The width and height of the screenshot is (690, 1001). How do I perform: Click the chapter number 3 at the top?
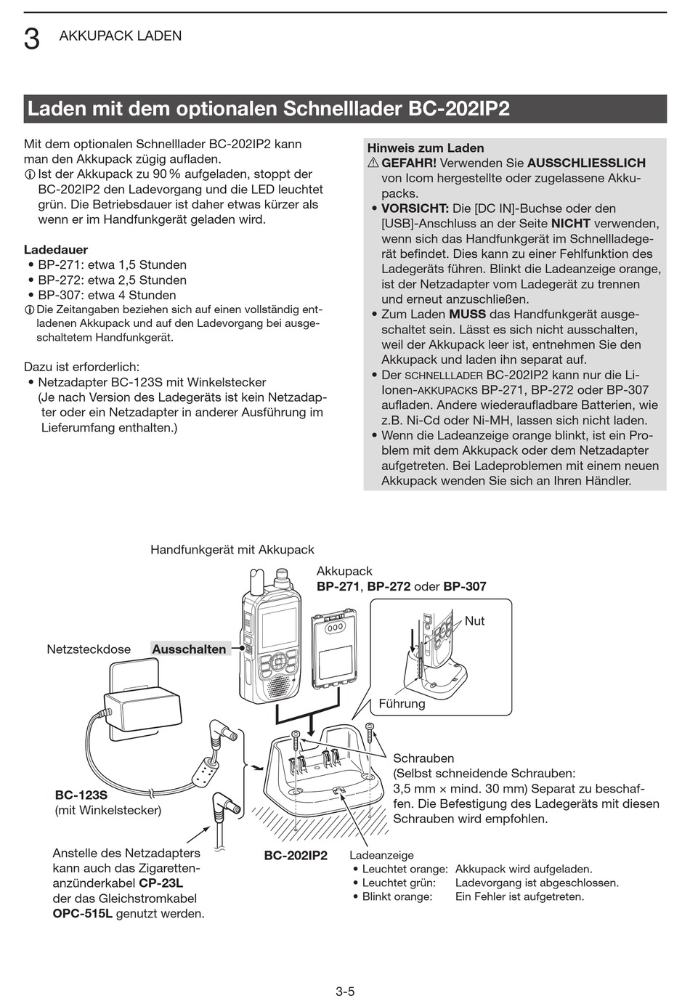click(x=31, y=38)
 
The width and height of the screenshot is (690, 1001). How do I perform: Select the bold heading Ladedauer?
click(x=56, y=249)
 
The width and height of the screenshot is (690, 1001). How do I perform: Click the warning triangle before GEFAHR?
click(x=373, y=163)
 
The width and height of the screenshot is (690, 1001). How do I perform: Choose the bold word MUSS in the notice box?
click(x=467, y=315)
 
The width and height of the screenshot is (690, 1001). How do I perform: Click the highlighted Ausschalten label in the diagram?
click(x=189, y=649)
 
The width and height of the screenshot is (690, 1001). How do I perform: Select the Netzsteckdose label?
click(x=89, y=649)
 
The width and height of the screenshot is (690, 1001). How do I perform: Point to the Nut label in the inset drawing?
click(x=474, y=621)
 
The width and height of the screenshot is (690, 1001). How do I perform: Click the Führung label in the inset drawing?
click(x=402, y=703)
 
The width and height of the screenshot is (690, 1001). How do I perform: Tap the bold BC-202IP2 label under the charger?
click(x=296, y=856)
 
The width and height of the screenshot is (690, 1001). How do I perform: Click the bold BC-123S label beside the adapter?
click(x=81, y=795)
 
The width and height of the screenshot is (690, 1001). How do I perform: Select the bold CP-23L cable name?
click(x=161, y=883)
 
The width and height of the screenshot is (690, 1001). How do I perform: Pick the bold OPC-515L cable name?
click(x=82, y=913)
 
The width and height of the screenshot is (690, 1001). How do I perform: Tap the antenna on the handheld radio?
click(x=255, y=581)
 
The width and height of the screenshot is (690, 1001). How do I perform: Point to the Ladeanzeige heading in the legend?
click(x=381, y=855)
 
